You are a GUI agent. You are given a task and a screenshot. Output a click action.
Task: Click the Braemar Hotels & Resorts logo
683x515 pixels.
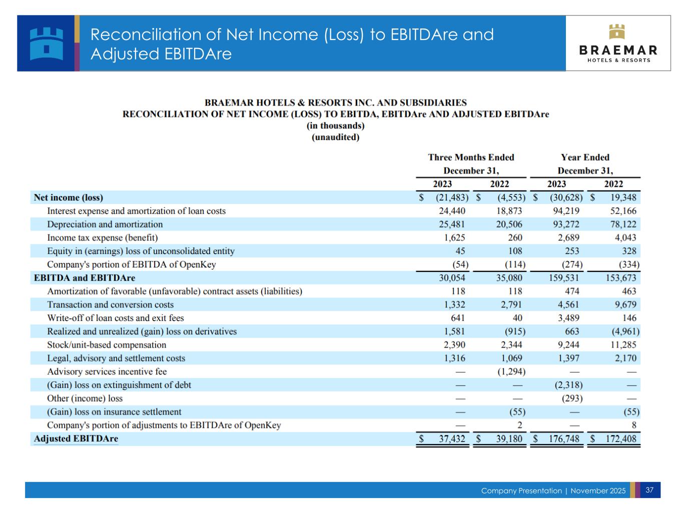point(618,43)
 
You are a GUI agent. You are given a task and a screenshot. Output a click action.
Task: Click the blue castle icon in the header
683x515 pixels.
point(47,43)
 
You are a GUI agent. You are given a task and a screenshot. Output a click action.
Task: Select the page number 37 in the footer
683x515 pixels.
point(649,490)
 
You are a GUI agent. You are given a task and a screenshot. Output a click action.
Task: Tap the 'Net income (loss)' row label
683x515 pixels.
point(69,197)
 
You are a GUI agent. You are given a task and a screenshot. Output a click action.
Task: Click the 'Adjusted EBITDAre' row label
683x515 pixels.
point(76,439)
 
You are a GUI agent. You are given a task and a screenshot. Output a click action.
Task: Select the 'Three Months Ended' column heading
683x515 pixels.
point(471,157)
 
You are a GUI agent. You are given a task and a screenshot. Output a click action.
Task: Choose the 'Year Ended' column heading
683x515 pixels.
point(585,157)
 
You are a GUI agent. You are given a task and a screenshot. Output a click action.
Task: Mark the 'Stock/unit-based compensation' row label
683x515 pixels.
point(107,345)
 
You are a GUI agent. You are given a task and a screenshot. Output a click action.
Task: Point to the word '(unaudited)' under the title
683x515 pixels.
point(335,137)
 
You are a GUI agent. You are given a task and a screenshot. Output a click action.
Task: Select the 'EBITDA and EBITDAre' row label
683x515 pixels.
point(85,278)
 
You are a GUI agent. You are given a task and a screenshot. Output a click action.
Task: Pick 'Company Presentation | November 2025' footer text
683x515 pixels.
point(553,490)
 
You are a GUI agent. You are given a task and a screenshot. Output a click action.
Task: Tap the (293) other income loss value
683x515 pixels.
point(571,398)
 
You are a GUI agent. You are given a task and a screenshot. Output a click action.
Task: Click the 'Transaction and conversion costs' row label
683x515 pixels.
point(111,305)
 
